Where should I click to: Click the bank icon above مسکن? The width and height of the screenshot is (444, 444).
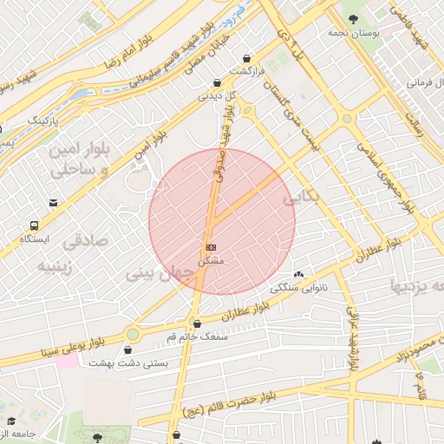click(x=211, y=246)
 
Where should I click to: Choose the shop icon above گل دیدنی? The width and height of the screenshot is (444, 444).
click(x=215, y=84)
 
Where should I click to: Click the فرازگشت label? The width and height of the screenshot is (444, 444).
click(x=246, y=70)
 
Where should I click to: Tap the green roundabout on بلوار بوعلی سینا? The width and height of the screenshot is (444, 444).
click(x=133, y=334)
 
